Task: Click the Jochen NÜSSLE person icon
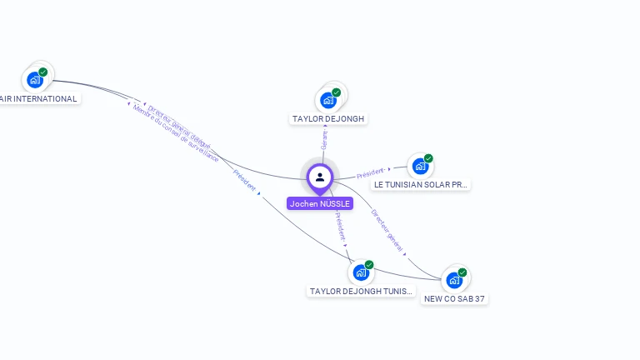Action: coord(320,177)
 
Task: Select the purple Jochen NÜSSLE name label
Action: coord(320,203)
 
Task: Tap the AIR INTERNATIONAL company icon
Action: coord(35,79)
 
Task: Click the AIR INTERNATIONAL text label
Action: coord(38,98)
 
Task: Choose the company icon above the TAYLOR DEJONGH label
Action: coord(328,100)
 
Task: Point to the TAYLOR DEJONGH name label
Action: coord(329,119)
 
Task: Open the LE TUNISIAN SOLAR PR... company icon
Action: coord(420,166)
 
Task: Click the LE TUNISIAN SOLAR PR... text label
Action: coord(421,184)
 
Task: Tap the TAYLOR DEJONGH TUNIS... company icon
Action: coord(361,272)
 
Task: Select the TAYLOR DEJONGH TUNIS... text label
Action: coord(361,291)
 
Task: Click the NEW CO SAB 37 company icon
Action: coord(454,279)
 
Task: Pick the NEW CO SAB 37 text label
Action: coord(454,298)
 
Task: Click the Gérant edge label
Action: coord(324,141)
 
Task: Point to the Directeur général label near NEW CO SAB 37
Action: coord(387,230)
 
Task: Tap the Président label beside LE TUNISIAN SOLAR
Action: coord(370,173)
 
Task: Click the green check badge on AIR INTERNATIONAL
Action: coord(43,72)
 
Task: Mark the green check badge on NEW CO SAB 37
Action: coord(462,272)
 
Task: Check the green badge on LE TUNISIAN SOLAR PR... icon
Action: coord(428,158)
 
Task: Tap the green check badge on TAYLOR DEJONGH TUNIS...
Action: coord(369,264)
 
